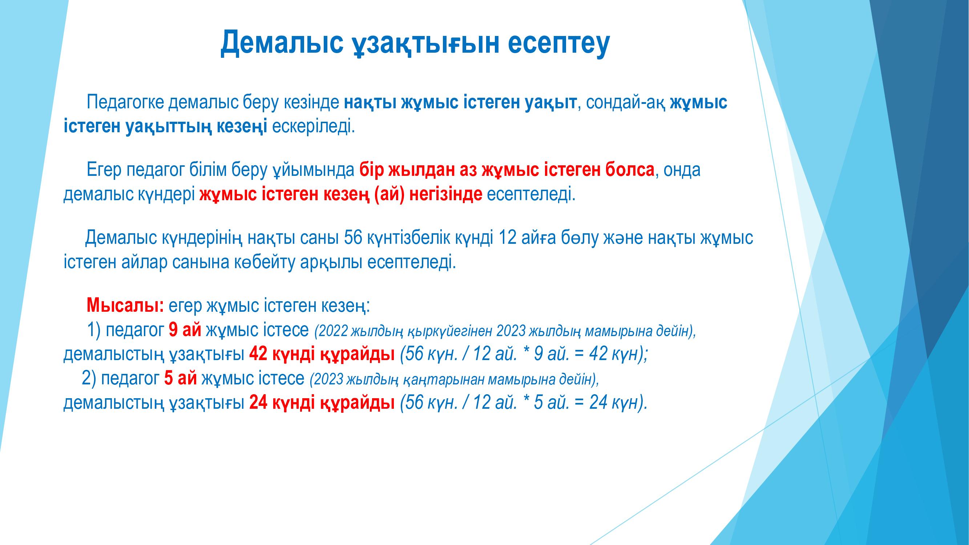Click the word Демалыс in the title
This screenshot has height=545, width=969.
click(282, 42)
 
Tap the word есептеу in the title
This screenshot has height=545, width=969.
click(558, 43)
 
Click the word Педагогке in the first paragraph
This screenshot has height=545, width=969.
click(125, 103)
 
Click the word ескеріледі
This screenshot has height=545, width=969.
click(312, 127)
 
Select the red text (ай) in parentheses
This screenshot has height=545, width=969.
click(390, 194)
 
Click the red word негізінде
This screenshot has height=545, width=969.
click(446, 194)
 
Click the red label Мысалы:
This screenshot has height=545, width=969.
click(125, 306)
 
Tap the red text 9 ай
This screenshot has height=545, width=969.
click(185, 330)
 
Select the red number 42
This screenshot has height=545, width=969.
click(258, 354)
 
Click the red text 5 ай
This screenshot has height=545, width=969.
click(181, 378)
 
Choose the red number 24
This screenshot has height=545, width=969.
click(258, 403)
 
